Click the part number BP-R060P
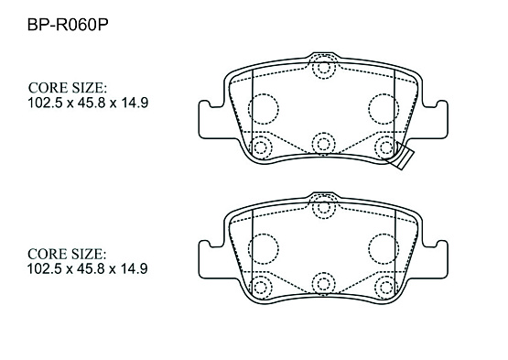click(x=68, y=25)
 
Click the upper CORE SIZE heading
click(x=68, y=88)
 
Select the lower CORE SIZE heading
click(x=67, y=254)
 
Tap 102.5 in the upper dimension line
click(x=45, y=103)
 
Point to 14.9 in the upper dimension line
click(x=135, y=103)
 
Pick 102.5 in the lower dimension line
click(x=44, y=269)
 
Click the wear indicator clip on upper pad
click(x=401, y=156)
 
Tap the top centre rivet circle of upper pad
click(x=324, y=68)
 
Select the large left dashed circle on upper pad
click(x=263, y=109)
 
